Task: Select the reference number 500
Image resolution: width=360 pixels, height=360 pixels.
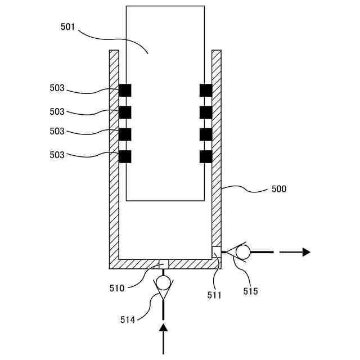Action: coord(278,189)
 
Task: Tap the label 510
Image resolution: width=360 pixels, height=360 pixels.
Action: coord(117,289)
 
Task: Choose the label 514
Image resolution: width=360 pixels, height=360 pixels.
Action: coord(128,319)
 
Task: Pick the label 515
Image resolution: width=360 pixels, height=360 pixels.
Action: coord(250,291)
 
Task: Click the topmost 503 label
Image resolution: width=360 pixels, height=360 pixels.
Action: coord(57,88)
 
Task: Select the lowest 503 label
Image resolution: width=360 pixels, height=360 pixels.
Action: coord(57,155)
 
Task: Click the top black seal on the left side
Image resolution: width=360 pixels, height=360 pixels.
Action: coord(125,90)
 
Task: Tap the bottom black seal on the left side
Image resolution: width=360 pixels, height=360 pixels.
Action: coord(125,156)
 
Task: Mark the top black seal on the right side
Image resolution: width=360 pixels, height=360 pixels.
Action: coord(206,90)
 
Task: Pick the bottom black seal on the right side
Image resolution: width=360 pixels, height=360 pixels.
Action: coord(206,156)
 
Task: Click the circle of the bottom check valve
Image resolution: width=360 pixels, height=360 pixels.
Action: coord(163,281)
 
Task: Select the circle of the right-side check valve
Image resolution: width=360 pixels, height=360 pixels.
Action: coord(242,252)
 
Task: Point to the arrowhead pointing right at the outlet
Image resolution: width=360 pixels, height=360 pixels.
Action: coord(306,252)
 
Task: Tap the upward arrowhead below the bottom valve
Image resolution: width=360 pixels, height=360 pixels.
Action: coord(163,327)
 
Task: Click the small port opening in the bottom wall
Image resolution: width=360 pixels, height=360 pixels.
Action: coord(164,264)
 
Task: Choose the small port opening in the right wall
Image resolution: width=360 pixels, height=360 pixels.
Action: coord(216,250)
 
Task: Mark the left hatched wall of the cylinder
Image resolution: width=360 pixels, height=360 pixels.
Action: coord(114,157)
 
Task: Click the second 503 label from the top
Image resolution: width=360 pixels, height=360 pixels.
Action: coord(57,111)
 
